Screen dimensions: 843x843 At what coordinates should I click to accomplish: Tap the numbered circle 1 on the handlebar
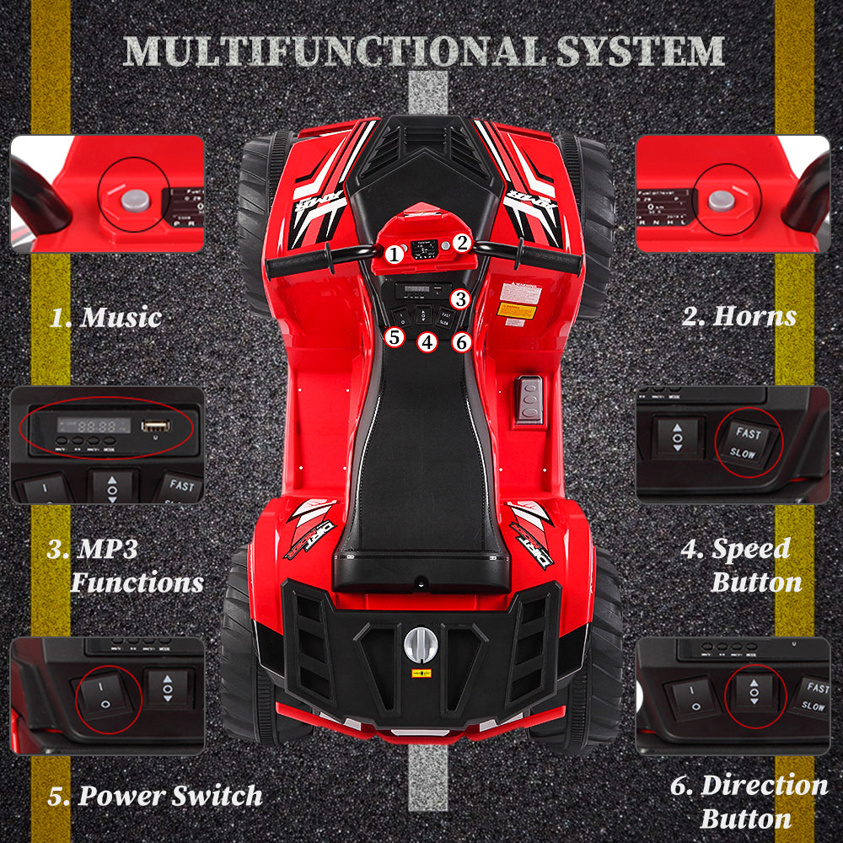394,253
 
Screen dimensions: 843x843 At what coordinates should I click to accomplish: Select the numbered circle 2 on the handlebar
461,243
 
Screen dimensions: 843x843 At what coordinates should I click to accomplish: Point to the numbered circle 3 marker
459,298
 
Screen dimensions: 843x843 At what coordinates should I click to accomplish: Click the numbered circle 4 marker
428,342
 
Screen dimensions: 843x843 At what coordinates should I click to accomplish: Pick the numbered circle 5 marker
395,337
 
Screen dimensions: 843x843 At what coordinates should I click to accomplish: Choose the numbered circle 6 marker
460,342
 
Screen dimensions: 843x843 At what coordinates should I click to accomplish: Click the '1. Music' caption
105,319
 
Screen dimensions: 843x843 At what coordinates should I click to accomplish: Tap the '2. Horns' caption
738,317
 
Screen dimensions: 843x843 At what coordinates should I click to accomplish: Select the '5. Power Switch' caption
154,796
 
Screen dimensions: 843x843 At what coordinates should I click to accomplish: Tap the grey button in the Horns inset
721,200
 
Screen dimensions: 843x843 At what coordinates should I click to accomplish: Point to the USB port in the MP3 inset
156,427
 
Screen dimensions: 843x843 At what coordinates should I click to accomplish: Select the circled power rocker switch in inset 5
105,698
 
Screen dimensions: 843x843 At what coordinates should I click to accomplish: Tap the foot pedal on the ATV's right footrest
529,399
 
